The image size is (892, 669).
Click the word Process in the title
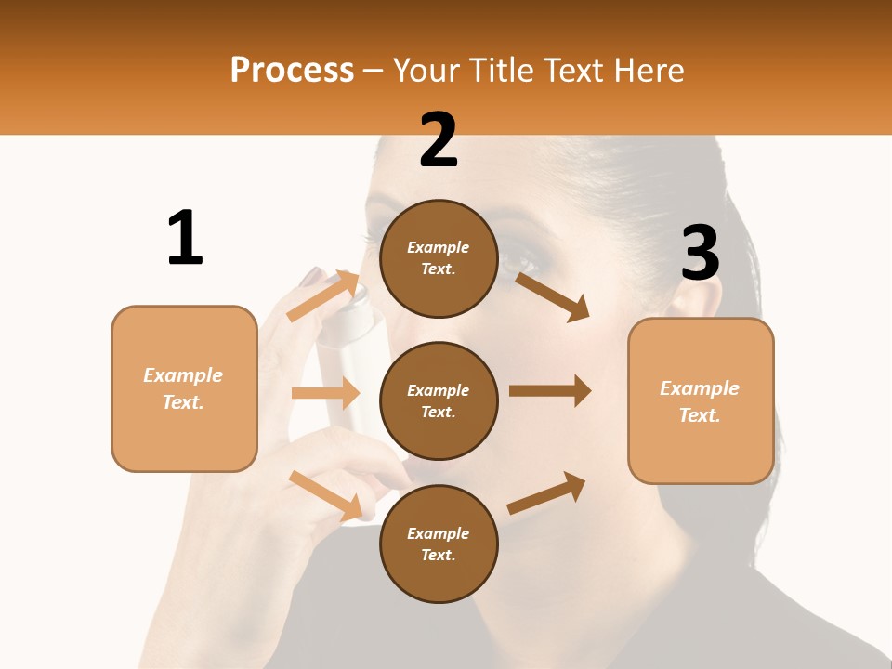(292, 71)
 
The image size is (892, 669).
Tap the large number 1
(185, 238)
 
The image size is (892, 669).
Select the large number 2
(439, 140)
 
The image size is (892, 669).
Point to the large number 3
(700, 254)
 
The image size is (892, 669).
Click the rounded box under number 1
(184, 388)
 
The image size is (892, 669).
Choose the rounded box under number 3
(701, 401)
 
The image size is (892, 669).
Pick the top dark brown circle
(439, 258)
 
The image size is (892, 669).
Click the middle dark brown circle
(439, 401)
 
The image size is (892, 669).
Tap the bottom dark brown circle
(439, 544)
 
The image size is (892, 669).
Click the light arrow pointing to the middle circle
(325, 393)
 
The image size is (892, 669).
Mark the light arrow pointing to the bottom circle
(326, 495)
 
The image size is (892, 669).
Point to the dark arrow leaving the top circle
(553, 296)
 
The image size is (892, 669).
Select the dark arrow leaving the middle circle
(550, 390)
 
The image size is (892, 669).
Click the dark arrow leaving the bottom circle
(546, 492)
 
